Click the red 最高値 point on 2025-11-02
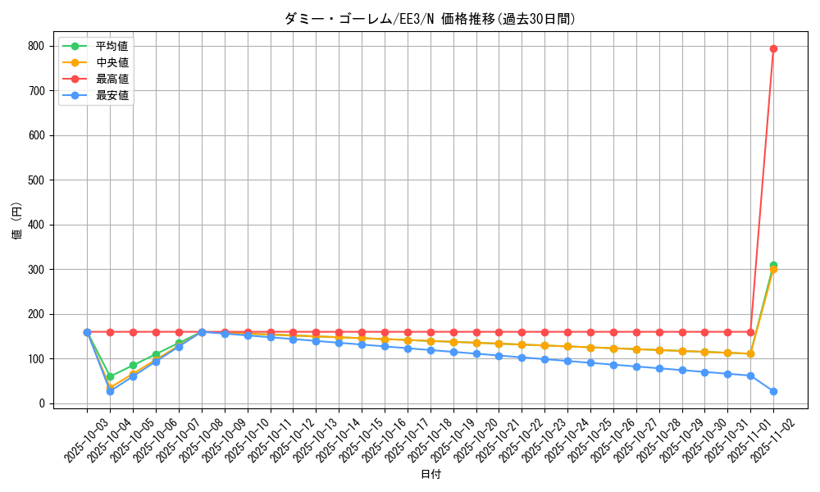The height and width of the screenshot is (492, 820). point(773,48)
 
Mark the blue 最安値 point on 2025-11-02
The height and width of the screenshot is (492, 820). point(773,391)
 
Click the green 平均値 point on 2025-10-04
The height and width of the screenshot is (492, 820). point(110,376)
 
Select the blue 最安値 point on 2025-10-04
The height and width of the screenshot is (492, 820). point(110,391)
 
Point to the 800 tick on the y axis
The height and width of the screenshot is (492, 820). point(35,46)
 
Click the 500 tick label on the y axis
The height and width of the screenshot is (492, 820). point(35,180)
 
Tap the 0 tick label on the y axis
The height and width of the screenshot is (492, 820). point(41,403)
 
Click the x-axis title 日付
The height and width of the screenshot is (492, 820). point(430,475)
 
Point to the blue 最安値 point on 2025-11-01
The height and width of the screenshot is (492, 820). point(750,376)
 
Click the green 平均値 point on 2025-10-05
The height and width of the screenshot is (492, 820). point(133,365)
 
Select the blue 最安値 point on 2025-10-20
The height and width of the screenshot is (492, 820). point(476,353)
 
